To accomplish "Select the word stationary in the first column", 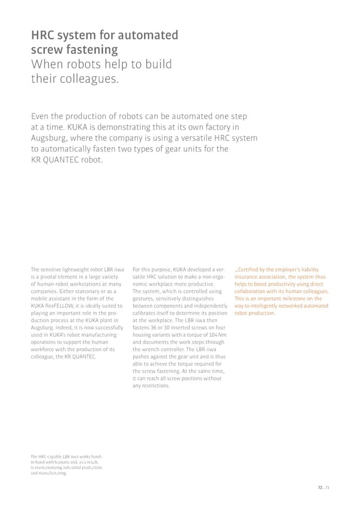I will (86, 291).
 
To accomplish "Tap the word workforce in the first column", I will (43, 349).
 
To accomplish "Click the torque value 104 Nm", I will (217, 335).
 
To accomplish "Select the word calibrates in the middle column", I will (144, 313).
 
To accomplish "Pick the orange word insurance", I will (247, 277).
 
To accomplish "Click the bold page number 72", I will (320, 488).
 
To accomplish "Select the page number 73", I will (326, 488).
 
